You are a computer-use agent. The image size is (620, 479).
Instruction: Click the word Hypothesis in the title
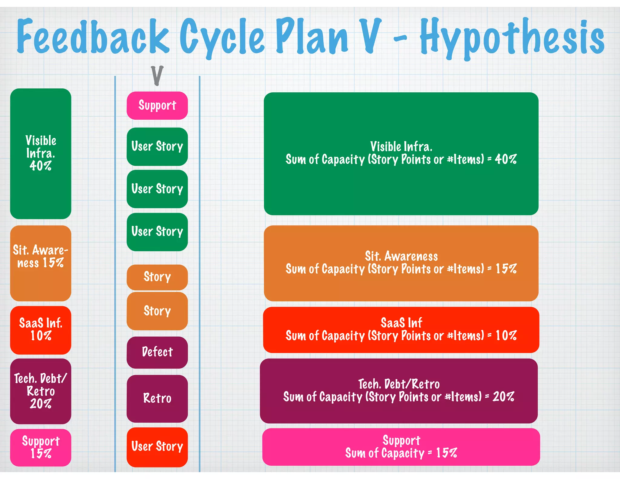pos(512,38)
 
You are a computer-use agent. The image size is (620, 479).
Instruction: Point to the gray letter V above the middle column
pos(157,75)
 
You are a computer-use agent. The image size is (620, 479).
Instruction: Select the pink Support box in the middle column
pos(157,105)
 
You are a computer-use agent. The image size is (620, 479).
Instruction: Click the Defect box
pos(157,352)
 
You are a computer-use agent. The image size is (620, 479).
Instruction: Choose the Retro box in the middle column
pos(157,398)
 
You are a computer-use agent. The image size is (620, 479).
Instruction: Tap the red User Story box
pos(157,447)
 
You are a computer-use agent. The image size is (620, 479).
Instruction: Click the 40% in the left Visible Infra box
pos(41,166)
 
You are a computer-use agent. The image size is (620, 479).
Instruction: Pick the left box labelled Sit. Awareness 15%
pos(41,263)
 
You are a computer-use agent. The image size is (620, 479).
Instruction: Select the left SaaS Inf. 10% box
pos(41,330)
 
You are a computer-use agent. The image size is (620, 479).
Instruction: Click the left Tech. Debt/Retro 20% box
pos(41,391)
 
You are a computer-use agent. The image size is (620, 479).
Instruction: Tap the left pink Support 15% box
pos(41,447)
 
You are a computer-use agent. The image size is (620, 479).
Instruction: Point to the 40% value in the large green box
pos(506,159)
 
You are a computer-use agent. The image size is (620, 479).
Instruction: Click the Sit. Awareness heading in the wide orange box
pos(401,256)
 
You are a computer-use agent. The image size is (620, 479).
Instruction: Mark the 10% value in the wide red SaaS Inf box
pos(506,335)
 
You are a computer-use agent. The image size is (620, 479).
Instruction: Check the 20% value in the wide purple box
pos(503,397)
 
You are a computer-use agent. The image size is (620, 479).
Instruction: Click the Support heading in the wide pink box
pos(401,440)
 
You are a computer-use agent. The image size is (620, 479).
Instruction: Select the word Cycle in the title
pos(222,38)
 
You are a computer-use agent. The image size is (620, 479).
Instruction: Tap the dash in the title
pos(400,38)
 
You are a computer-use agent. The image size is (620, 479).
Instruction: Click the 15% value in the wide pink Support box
pos(446,453)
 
